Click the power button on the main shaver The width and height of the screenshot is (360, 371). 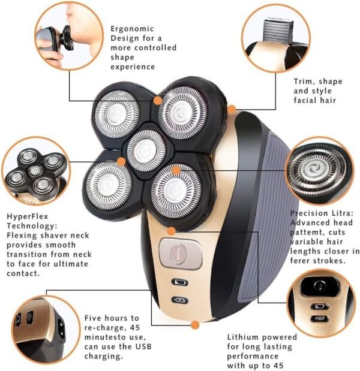181,254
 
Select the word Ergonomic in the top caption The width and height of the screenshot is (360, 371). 132,29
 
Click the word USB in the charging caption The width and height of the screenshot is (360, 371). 143,346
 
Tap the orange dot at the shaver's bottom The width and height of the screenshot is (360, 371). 194,325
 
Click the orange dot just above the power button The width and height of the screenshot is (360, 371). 171,231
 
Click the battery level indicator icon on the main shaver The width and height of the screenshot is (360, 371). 179,282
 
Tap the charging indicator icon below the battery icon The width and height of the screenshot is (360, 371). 179,300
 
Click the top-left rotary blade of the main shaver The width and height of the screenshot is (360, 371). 117,114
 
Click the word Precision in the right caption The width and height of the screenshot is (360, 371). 311,213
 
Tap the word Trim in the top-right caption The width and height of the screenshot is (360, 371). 303,82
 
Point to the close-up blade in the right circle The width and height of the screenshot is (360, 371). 317,171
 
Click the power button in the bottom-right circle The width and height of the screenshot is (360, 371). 320,286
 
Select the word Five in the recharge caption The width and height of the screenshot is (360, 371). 93,318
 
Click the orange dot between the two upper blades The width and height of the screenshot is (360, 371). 157,101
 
